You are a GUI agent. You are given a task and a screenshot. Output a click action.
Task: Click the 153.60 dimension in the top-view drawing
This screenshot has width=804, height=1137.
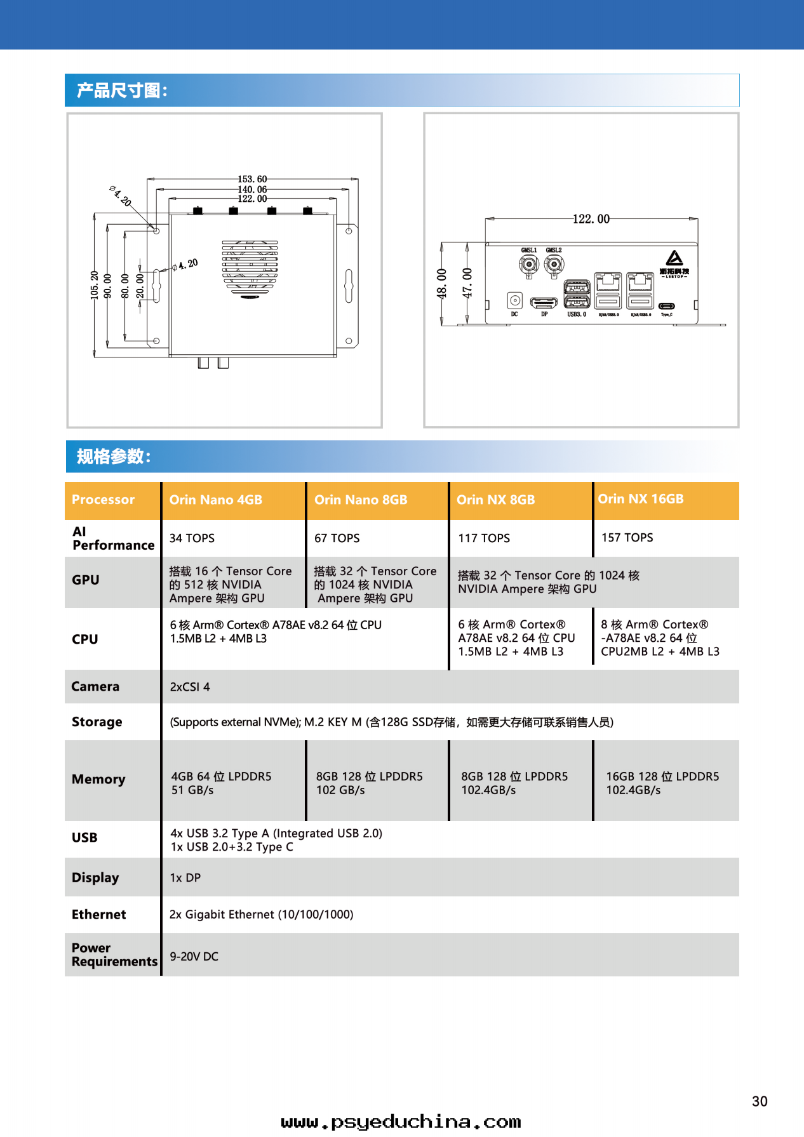[252, 180]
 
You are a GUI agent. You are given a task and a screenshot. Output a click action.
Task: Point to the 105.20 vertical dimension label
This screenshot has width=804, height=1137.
[95, 285]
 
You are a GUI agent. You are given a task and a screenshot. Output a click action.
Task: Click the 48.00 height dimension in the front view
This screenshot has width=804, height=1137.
[442, 283]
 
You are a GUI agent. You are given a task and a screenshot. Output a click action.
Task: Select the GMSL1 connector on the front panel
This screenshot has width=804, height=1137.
[528, 265]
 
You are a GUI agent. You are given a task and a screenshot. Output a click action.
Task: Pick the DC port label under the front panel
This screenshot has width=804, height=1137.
[514, 314]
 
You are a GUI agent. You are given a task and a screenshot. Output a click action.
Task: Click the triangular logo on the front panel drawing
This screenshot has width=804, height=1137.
[674, 258]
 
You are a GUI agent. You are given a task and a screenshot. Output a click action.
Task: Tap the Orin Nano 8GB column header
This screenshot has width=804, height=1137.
[361, 500]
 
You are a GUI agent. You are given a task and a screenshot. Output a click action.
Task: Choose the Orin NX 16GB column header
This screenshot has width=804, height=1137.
[640, 499]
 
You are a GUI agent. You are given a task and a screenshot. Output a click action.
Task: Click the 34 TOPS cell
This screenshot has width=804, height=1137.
[192, 538]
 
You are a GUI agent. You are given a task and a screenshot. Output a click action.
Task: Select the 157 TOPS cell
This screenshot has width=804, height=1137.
[627, 538]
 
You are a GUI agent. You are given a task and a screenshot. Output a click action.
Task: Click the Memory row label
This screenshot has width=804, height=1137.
[98, 780]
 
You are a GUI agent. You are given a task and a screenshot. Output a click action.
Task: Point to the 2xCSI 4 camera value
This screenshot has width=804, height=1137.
[190, 687]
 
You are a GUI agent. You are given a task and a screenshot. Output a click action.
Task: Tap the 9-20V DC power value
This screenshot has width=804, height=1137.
[194, 957]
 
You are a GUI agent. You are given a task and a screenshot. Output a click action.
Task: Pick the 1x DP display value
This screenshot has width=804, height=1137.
[185, 878]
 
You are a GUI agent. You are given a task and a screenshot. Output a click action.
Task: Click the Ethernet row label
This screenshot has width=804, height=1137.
[99, 915]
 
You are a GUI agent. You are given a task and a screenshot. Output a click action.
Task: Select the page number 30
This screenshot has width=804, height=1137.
[760, 1101]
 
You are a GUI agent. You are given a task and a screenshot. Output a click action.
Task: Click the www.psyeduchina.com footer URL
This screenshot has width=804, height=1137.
[401, 1122]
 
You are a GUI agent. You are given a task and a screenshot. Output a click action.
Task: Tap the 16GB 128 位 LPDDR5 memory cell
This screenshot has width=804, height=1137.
[662, 783]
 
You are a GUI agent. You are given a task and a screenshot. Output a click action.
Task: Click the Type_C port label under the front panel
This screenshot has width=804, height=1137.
[666, 315]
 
